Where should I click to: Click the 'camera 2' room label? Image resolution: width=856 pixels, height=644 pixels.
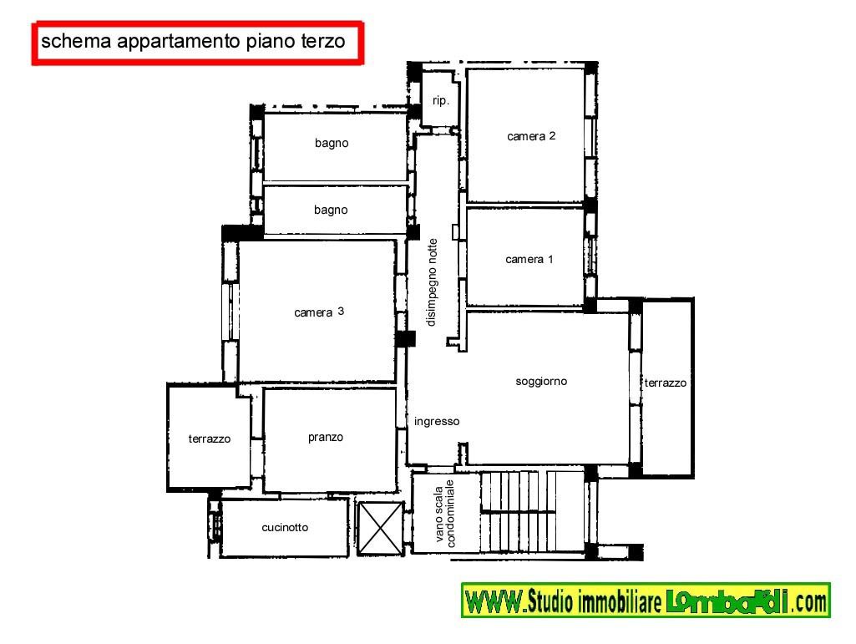tap(530, 136)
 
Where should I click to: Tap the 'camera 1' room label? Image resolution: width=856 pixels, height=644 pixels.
tap(529, 259)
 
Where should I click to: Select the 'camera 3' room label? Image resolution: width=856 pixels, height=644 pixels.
tap(319, 312)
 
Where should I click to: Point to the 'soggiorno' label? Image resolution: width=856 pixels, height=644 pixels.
tap(541, 381)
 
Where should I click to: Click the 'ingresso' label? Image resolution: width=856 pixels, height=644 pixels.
tap(437, 421)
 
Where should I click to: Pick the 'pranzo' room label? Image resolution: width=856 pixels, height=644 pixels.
tap(326, 437)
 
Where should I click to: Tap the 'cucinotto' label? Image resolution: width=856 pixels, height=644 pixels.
tap(285, 527)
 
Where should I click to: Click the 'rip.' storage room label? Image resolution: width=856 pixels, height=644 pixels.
tap(441, 100)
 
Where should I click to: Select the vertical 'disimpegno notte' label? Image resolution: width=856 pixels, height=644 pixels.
tap(433, 282)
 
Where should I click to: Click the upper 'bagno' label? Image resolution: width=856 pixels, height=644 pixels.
tap(332, 143)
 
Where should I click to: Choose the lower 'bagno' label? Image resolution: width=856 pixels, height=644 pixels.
tap(330, 210)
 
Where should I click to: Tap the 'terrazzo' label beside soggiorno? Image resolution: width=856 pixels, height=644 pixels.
tap(665, 383)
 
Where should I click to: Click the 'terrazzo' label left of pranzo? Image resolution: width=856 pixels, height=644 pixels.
tap(209, 439)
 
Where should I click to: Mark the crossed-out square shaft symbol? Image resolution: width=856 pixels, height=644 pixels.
tap(380, 528)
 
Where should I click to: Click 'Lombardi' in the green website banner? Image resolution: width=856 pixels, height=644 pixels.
tap(727, 601)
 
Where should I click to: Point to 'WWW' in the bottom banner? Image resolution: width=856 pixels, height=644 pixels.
tap(494, 601)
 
